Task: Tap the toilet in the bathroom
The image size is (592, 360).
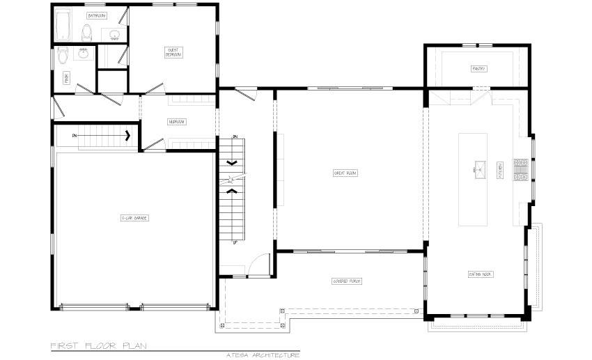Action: [x=86, y=31]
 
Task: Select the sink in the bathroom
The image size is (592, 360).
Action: [x=114, y=33]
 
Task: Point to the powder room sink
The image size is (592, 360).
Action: [x=84, y=52]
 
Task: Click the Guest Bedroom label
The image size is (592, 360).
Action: [x=173, y=52]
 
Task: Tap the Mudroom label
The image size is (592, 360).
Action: [x=176, y=122]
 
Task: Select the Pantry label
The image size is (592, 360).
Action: [x=478, y=68]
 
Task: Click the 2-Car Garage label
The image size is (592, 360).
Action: [x=134, y=218]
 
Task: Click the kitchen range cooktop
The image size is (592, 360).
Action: [x=521, y=169]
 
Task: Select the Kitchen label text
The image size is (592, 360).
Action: [x=499, y=171]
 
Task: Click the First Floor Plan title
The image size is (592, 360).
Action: [x=98, y=345]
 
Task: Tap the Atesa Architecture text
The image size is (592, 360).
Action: [x=263, y=355]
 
